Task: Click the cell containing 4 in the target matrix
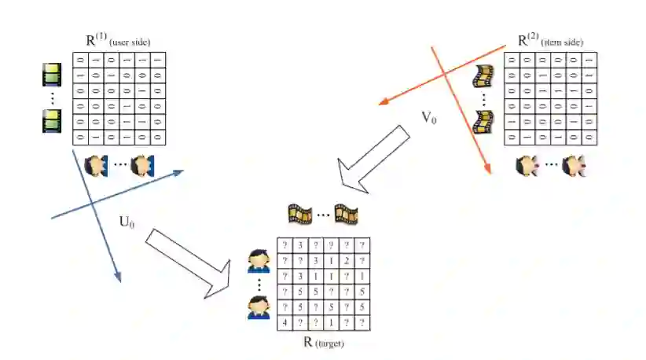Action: [x=284, y=322]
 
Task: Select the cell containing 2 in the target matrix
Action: [x=347, y=260]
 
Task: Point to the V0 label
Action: [x=430, y=119]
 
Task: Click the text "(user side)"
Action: [x=130, y=42]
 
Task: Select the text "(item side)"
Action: [x=562, y=42]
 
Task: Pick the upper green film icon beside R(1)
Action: [x=52, y=75]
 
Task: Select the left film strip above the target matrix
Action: [x=300, y=213]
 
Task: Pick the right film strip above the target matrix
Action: [x=346, y=213]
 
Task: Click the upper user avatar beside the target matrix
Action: [x=259, y=260]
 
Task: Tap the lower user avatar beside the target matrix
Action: [x=259, y=306]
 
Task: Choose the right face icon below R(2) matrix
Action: [x=577, y=166]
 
